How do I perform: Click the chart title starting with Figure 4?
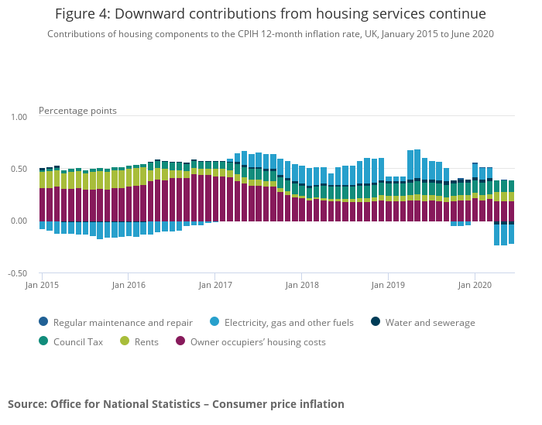click(270, 14)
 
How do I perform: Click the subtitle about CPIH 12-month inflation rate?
click(270, 34)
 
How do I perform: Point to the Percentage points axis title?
click(77, 111)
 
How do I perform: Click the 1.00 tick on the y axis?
click(18, 117)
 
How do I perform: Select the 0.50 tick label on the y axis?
click(18, 169)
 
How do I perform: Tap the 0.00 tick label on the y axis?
click(18, 221)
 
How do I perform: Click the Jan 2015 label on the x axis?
click(42, 285)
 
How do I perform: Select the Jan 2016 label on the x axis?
click(129, 285)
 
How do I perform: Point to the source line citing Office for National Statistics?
click(176, 404)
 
